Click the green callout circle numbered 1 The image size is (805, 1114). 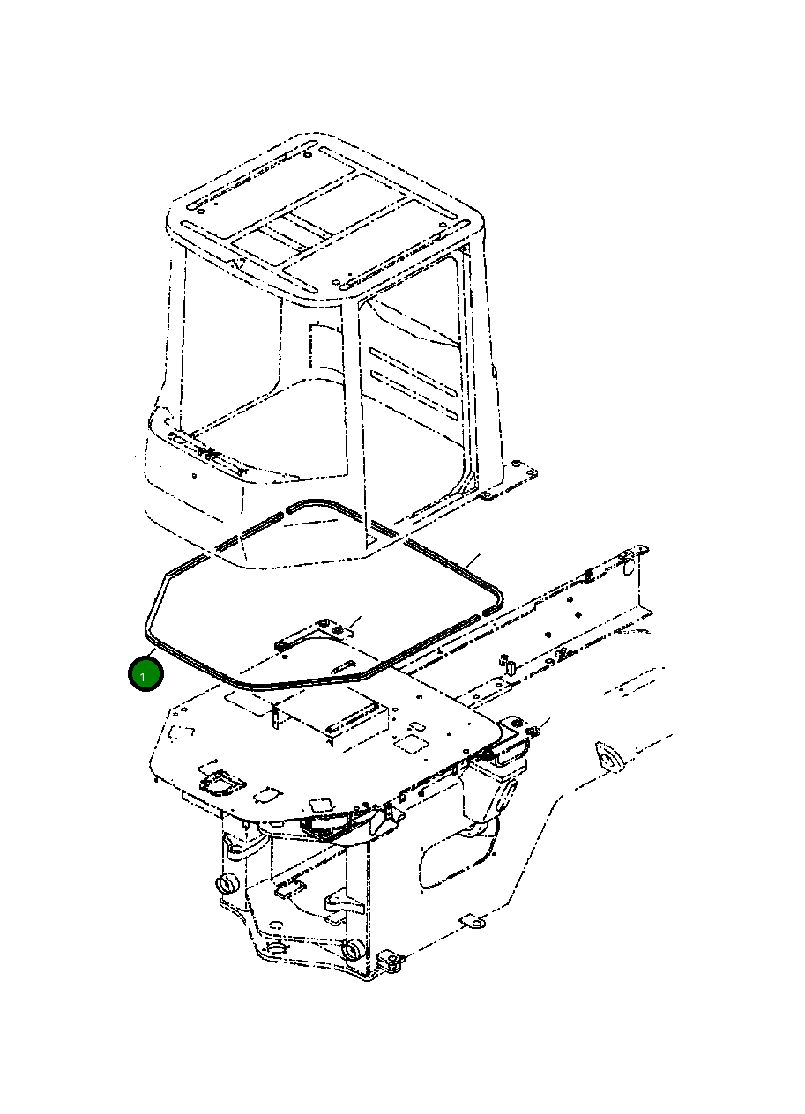pos(145,675)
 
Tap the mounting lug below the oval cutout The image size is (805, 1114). pos(473,923)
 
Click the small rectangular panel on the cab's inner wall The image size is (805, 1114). pos(322,348)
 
